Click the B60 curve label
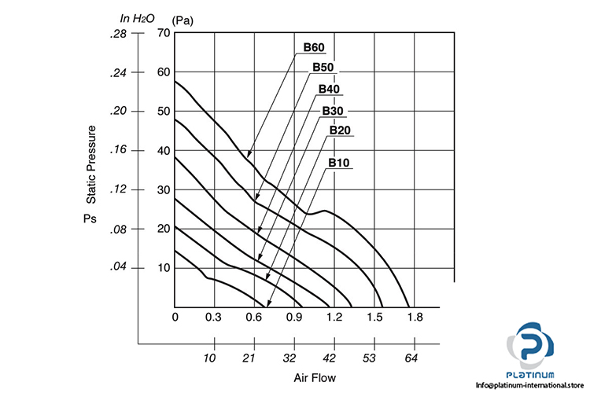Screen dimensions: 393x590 (315, 47)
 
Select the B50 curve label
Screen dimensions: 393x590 (323, 68)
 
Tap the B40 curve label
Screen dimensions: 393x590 (329, 89)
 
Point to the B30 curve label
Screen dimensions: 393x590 (333, 109)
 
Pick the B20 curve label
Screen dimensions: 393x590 (340, 130)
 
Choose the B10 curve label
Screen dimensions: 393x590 (339, 163)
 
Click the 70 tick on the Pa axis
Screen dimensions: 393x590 (164, 33)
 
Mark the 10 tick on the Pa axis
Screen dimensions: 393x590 (164, 268)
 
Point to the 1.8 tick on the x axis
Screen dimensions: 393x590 (415, 317)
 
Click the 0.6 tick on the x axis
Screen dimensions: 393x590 (254, 317)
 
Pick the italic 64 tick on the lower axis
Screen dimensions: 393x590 (410, 358)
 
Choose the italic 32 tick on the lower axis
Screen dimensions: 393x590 (289, 358)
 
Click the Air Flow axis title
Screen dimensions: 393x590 (315, 378)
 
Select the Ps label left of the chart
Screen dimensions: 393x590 (90, 215)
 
